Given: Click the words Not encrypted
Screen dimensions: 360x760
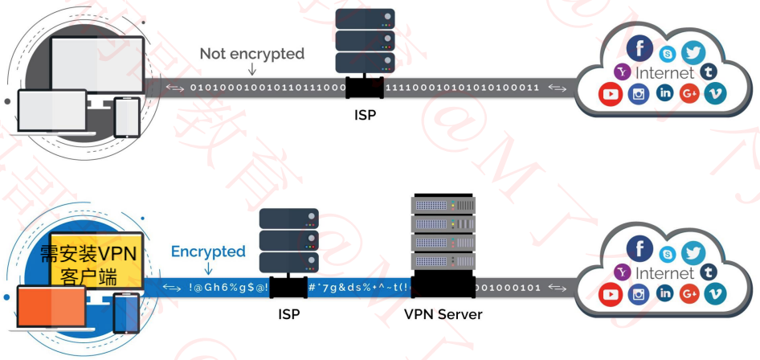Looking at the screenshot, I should pos(252,54).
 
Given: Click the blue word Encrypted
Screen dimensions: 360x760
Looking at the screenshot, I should pos(208,252).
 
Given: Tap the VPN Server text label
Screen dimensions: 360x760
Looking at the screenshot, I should pos(443,314).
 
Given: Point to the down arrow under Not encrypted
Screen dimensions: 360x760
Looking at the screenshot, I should pos(252,71).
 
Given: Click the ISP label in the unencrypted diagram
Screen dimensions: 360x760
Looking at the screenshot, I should pos(365,114).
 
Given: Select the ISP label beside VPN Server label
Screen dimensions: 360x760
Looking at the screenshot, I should pos(288,314).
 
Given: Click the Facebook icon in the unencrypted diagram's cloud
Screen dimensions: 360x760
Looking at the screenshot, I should pos(640,49).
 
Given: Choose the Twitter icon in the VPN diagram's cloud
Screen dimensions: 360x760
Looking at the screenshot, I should pos(693,254).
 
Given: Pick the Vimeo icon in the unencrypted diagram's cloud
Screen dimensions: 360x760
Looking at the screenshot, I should pos(715,94).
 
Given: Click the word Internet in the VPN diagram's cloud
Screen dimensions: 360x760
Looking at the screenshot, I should pos(664,274).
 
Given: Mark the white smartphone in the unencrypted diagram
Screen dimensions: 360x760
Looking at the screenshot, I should pos(127,117).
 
